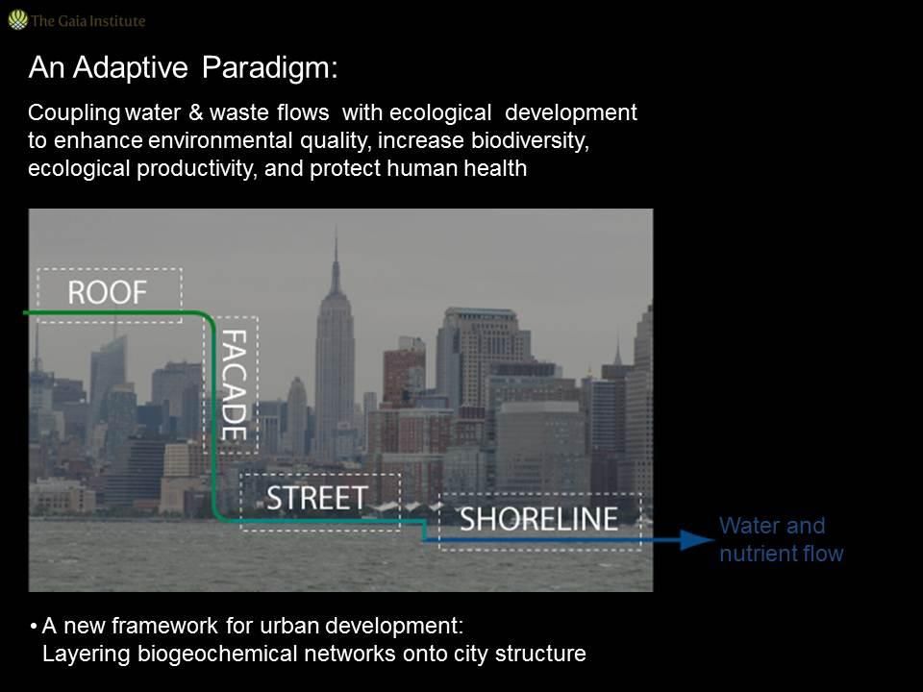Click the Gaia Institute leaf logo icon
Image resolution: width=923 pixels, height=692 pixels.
point(17,20)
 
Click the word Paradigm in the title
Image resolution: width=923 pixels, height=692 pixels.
point(269,69)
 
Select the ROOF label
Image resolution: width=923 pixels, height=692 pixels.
point(107,292)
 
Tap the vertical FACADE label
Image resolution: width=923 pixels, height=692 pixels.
point(234,384)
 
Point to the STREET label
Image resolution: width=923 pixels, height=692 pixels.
point(317,499)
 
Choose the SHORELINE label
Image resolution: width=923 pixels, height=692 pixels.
point(538,519)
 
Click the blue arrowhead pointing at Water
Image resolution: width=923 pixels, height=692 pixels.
point(698,539)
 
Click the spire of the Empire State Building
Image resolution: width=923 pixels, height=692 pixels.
point(337,259)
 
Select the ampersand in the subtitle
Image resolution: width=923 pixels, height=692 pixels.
point(195,112)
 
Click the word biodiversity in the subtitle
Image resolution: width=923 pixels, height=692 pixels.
point(530,140)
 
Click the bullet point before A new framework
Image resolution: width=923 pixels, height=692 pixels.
point(34,626)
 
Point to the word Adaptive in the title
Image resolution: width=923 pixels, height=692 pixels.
point(130,69)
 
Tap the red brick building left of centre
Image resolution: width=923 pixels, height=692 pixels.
point(404,377)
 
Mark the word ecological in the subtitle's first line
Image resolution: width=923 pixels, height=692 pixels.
point(440,113)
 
